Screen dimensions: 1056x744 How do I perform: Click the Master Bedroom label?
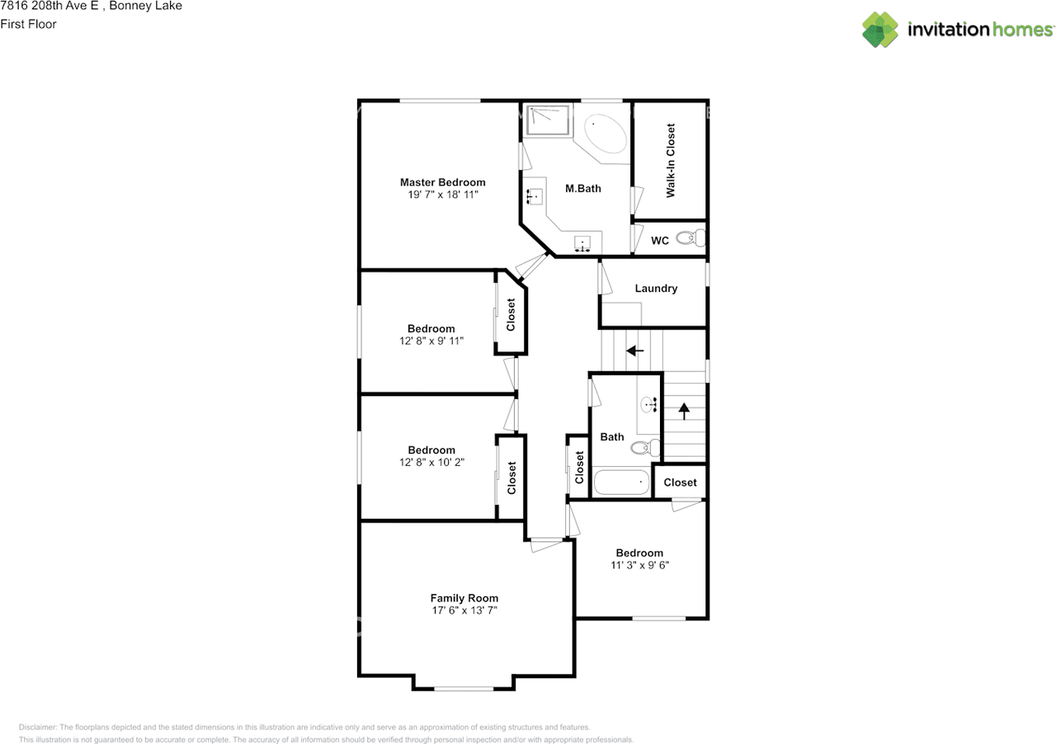click(442, 182)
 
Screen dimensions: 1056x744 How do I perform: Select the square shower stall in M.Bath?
click(547, 120)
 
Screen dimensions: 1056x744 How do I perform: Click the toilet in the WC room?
click(691, 238)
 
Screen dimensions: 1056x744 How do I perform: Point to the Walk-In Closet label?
click(671, 160)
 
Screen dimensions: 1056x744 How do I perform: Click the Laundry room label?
click(656, 289)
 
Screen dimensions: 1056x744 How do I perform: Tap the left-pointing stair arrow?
click(634, 351)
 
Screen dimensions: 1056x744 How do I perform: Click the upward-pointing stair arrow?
click(684, 411)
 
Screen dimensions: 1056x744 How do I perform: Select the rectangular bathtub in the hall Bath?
click(621, 482)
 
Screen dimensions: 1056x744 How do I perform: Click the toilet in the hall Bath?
click(645, 447)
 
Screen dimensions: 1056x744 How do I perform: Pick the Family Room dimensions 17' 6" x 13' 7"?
click(464, 610)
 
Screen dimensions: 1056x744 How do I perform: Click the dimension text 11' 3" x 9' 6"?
click(639, 565)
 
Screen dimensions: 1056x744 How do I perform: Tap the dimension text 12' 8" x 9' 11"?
click(431, 341)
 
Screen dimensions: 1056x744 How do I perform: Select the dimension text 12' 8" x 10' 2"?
click(431, 463)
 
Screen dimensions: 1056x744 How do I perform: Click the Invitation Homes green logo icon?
click(880, 30)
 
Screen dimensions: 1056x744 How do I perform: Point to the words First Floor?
click(28, 24)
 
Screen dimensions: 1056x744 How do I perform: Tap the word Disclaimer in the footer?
click(38, 727)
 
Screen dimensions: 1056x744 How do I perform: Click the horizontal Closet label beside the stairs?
click(680, 483)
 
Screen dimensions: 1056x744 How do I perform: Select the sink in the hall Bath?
click(648, 404)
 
